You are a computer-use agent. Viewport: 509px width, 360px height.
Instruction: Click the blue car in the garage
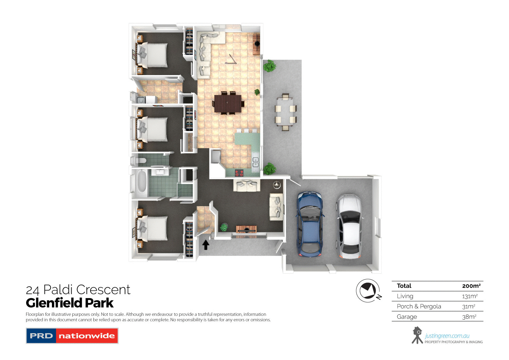click(x=309, y=224)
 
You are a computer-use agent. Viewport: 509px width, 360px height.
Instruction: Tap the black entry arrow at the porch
click(x=206, y=245)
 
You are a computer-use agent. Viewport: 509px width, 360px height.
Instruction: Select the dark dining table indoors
click(x=228, y=103)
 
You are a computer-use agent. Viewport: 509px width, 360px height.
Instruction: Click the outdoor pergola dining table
click(x=285, y=112)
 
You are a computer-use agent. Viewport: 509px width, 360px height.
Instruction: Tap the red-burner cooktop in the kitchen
click(x=239, y=173)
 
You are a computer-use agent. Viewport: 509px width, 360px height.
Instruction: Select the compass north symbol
click(x=369, y=291)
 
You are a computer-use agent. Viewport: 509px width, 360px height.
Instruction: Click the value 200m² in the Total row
click(x=471, y=286)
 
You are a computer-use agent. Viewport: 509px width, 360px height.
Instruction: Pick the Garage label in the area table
click(x=407, y=317)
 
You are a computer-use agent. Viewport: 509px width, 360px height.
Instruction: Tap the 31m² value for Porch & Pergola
click(x=469, y=306)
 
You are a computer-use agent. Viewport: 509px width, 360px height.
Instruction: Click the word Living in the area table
click(x=405, y=296)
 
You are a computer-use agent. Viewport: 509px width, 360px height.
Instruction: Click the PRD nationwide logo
click(x=72, y=336)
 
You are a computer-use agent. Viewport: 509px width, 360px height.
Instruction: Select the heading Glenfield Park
click(x=70, y=303)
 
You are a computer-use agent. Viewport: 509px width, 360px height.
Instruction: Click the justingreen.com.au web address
click(x=447, y=336)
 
